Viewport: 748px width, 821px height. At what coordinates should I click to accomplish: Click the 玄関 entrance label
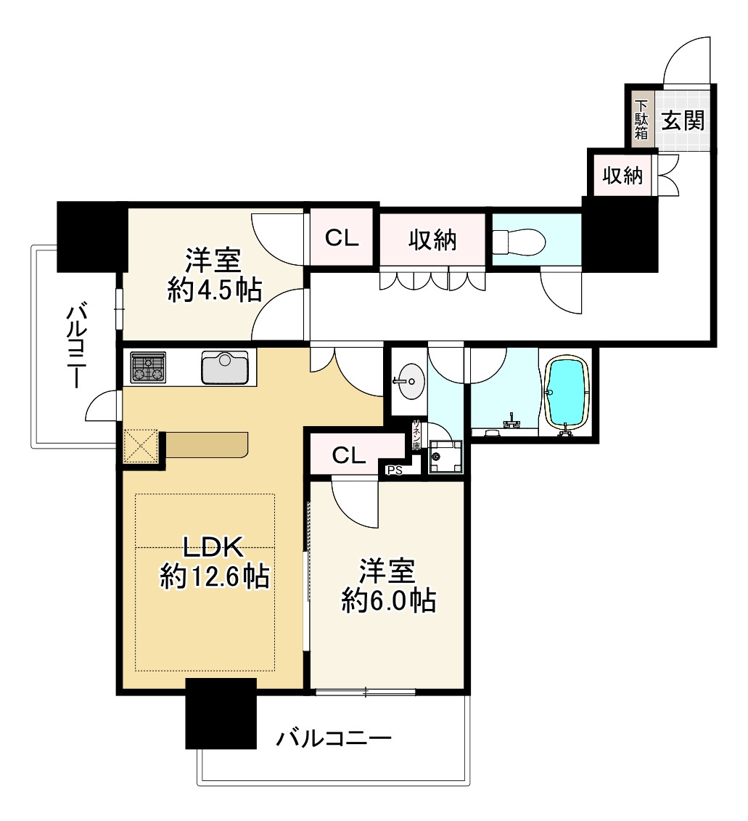[x=683, y=120]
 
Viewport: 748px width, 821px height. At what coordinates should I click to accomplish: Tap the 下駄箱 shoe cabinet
[x=641, y=118]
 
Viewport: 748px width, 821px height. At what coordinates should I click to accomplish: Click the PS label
[x=394, y=470]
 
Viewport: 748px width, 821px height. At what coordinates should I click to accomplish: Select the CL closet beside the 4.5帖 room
[x=341, y=238]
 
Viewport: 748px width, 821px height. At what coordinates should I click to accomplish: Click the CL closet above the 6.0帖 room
[x=349, y=455]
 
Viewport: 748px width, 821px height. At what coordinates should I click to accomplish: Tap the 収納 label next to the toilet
[x=432, y=239]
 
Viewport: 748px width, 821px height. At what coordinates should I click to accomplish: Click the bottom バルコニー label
[x=334, y=740]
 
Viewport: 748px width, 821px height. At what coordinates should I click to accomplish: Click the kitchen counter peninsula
[x=207, y=444]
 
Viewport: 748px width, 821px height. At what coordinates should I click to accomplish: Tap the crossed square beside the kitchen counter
[x=141, y=445]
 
